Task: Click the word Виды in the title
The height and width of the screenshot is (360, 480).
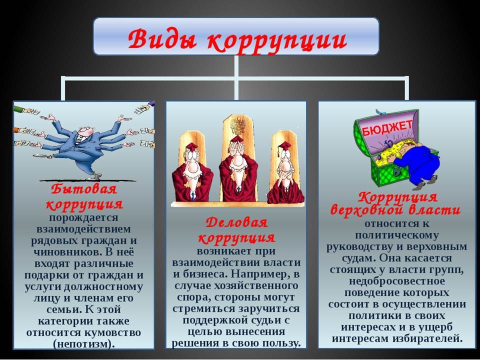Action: [x=162, y=38]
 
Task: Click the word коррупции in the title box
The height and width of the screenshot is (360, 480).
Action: [x=277, y=40]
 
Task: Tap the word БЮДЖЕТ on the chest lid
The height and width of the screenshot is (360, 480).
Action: [x=387, y=128]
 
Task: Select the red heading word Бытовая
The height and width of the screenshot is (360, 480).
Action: [x=83, y=189]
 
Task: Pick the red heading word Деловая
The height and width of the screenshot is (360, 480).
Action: [x=236, y=222]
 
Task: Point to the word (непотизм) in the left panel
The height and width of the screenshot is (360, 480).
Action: [x=84, y=344]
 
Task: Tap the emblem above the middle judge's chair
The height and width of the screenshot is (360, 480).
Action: [x=238, y=125]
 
